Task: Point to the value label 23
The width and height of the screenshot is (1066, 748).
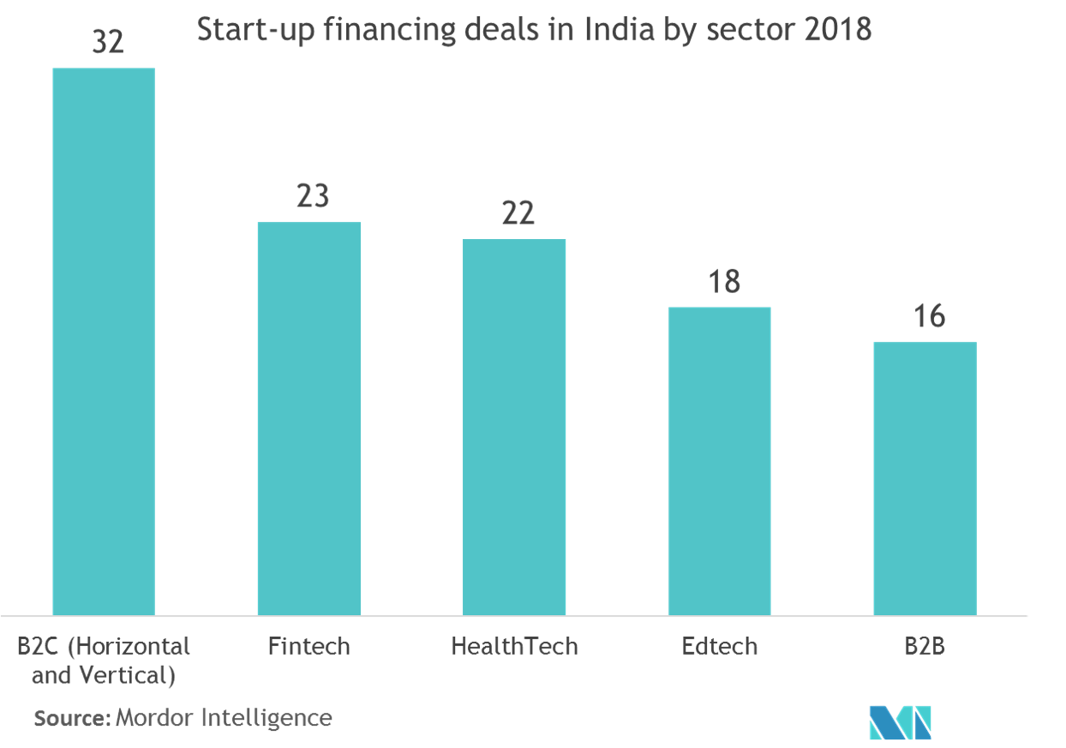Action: click(313, 197)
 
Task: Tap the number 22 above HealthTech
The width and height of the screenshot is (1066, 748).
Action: click(518, 214)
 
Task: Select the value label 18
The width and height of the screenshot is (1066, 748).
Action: click(723, 282)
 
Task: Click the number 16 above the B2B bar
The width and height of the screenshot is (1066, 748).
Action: click(928, 317)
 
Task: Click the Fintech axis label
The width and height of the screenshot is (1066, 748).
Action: click(308, 645)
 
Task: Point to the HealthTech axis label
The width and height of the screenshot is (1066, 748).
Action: click(514, 645)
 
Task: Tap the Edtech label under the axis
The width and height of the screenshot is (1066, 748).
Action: click(720, 645)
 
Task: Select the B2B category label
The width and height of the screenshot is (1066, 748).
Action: click(925, 645)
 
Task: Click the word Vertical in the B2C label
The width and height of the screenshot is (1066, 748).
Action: click(132, 675)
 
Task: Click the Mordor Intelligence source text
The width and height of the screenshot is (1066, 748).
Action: click(223, 717)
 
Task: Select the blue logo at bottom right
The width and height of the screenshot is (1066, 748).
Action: click(900, 722)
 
